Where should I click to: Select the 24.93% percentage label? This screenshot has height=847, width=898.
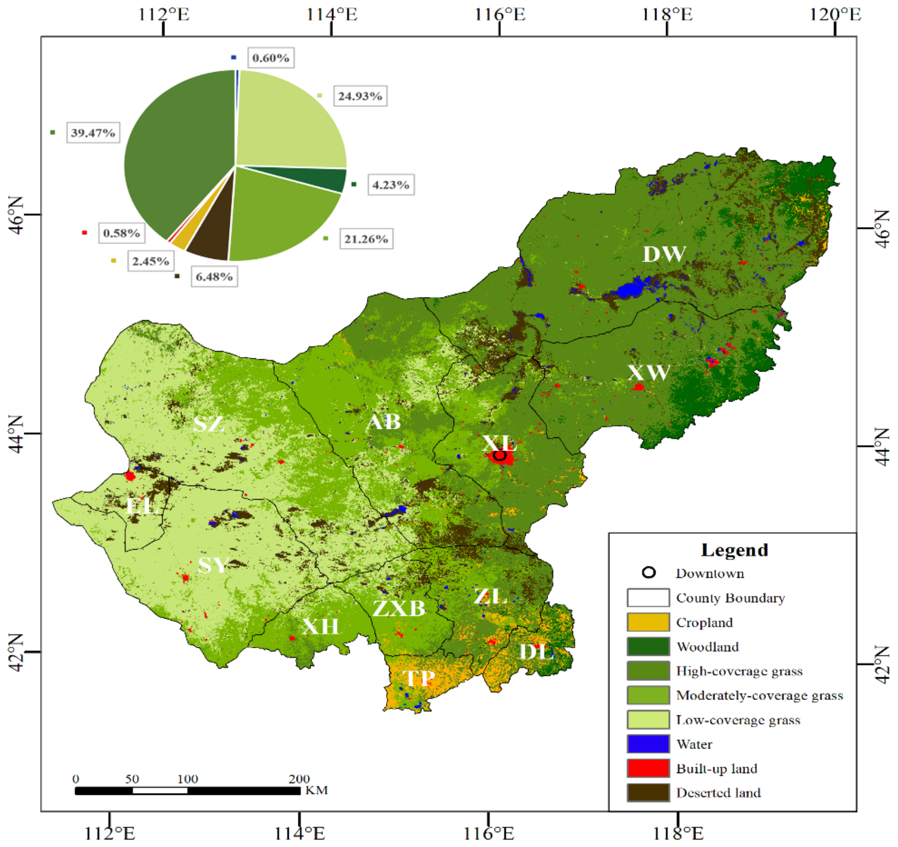click(360, 96)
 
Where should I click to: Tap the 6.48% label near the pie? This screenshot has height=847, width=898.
click(214, 276)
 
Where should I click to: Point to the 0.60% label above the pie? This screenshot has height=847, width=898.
click(271, 58)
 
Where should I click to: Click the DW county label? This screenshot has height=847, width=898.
click(664, 254)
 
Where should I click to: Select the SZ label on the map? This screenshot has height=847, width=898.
click(208, 424)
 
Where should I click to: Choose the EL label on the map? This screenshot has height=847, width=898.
click(142, 506)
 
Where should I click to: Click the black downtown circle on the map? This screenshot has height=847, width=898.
click(499, 455)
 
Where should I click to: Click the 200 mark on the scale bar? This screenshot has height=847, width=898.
click(299, 779)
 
